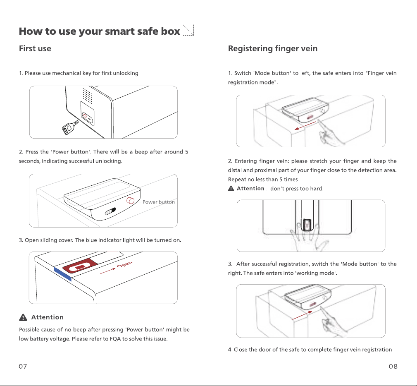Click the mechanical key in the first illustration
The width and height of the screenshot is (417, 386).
pos(70,128)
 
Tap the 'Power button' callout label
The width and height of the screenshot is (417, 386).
pos(159,202)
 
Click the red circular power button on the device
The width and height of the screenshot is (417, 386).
pos(130,201)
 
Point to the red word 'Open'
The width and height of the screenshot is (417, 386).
pos(125,264)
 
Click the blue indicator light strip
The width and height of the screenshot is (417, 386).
pos(63,274)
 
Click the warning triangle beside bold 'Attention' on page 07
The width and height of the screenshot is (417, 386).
pos(23,317)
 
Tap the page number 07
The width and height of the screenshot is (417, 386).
pos(23,366)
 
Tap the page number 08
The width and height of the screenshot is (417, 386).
pos(393,366)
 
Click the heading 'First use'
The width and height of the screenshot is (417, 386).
pos(35,48)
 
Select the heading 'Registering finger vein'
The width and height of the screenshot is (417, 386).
pos(273,48)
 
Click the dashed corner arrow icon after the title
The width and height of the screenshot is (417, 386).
pos(188,30)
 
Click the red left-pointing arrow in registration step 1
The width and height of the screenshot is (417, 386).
pos(305,126)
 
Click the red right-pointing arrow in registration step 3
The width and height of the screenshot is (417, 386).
pos(302,315)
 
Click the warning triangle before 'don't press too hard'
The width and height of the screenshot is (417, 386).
pos(231,189)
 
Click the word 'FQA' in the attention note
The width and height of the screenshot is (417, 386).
pos(115,339)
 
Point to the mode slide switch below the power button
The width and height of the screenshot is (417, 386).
pos(110,211)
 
